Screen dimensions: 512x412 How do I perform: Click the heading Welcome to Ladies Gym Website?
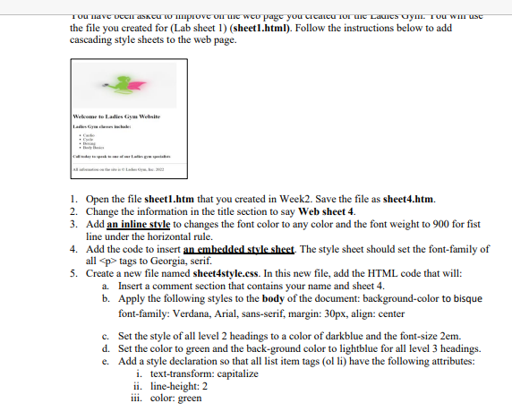click(117, 118)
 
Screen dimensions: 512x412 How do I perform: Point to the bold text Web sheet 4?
click(320, 210)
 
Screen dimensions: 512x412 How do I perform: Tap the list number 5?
click(73, 273)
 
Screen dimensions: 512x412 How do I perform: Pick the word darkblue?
click(359, 335)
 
